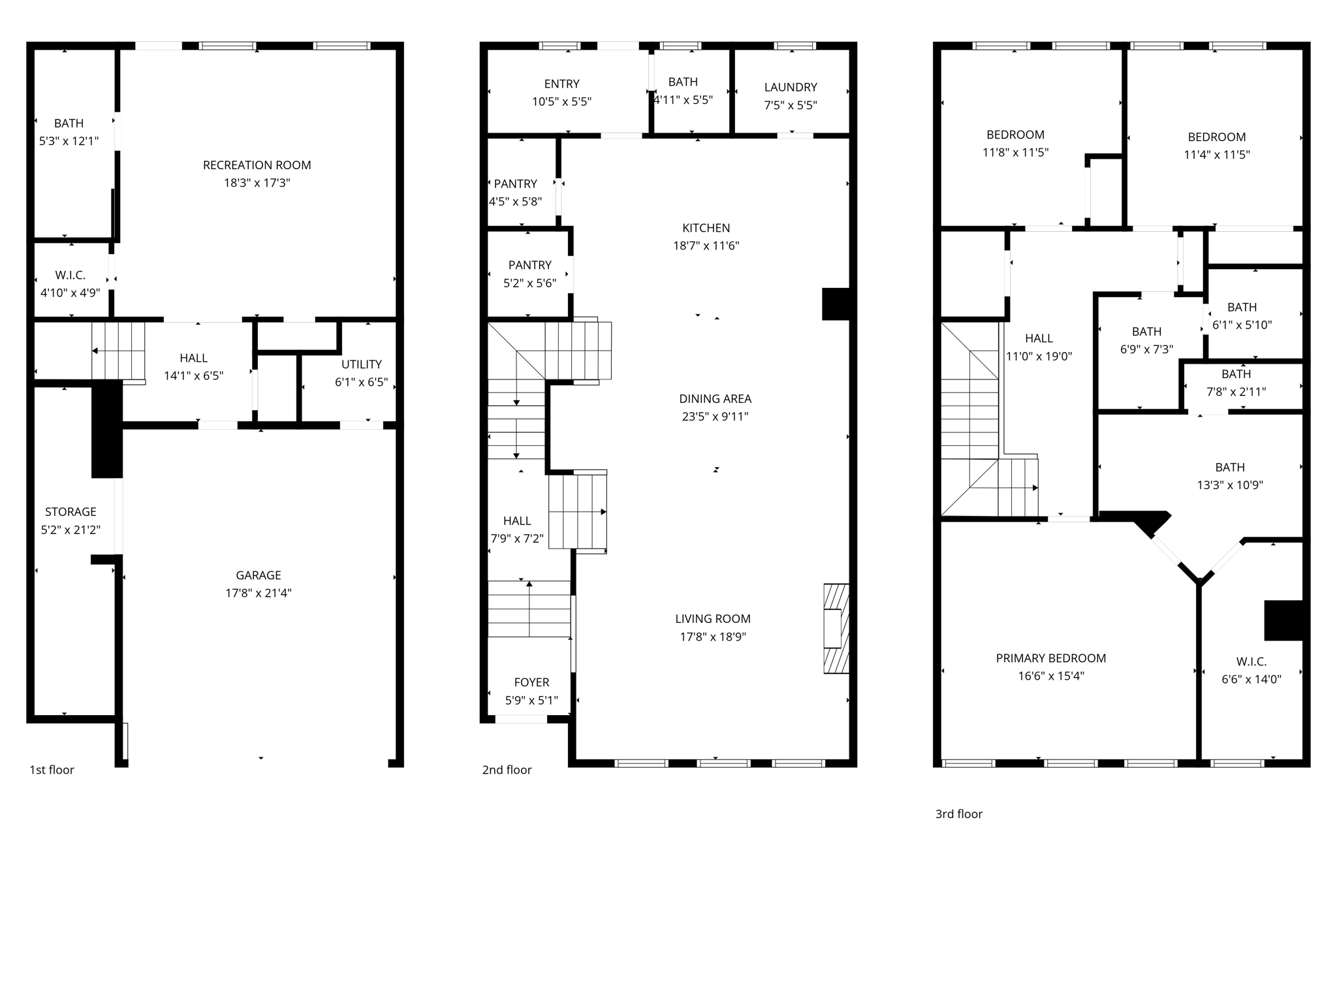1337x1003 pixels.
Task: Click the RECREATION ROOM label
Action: (x=257, y=165)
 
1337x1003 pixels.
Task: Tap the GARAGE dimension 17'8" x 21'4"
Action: (x=259, y=593)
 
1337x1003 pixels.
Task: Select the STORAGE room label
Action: (x=71, y=512)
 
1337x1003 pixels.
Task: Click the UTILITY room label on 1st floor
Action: (x=361, y=364)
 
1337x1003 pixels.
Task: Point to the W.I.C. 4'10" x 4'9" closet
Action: (x=71, y=283)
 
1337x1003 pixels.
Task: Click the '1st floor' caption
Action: (x=52, y=770)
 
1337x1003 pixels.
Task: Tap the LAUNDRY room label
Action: (x=791, y=88)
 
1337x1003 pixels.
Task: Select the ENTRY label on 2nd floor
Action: (x=561, y=84)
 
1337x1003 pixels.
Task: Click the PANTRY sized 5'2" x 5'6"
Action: (x=529, y=274)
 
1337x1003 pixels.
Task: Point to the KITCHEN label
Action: (x=706, y=228)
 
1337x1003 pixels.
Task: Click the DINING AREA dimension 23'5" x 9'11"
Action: (x=715, y=417)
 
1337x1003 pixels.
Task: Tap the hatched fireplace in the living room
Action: (x=836, y=628)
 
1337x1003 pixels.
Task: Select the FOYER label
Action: (x=531, y=682)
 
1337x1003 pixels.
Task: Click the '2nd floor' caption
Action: (x=507, y=770)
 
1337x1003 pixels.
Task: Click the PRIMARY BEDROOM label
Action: (x=1050, y=658)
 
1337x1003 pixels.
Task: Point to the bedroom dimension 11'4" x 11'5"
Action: (x=1216, y=155)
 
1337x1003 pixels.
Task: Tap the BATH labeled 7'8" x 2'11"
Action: (x=1236, y=383)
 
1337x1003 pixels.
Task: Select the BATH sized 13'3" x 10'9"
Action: (x=1230, y=476)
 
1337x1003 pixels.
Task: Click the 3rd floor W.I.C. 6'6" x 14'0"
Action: (x=1251, y=671)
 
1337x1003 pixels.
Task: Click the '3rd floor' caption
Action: (x=958, y=814)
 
